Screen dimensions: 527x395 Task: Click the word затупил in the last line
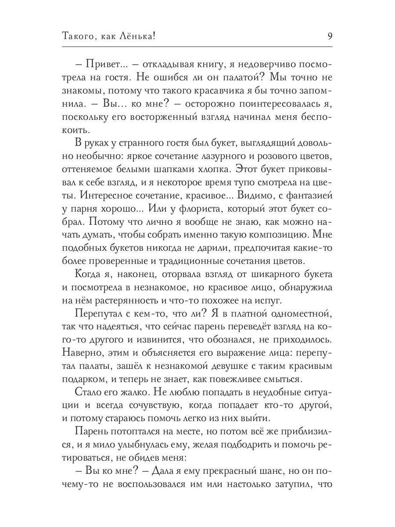pos(295,485)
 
